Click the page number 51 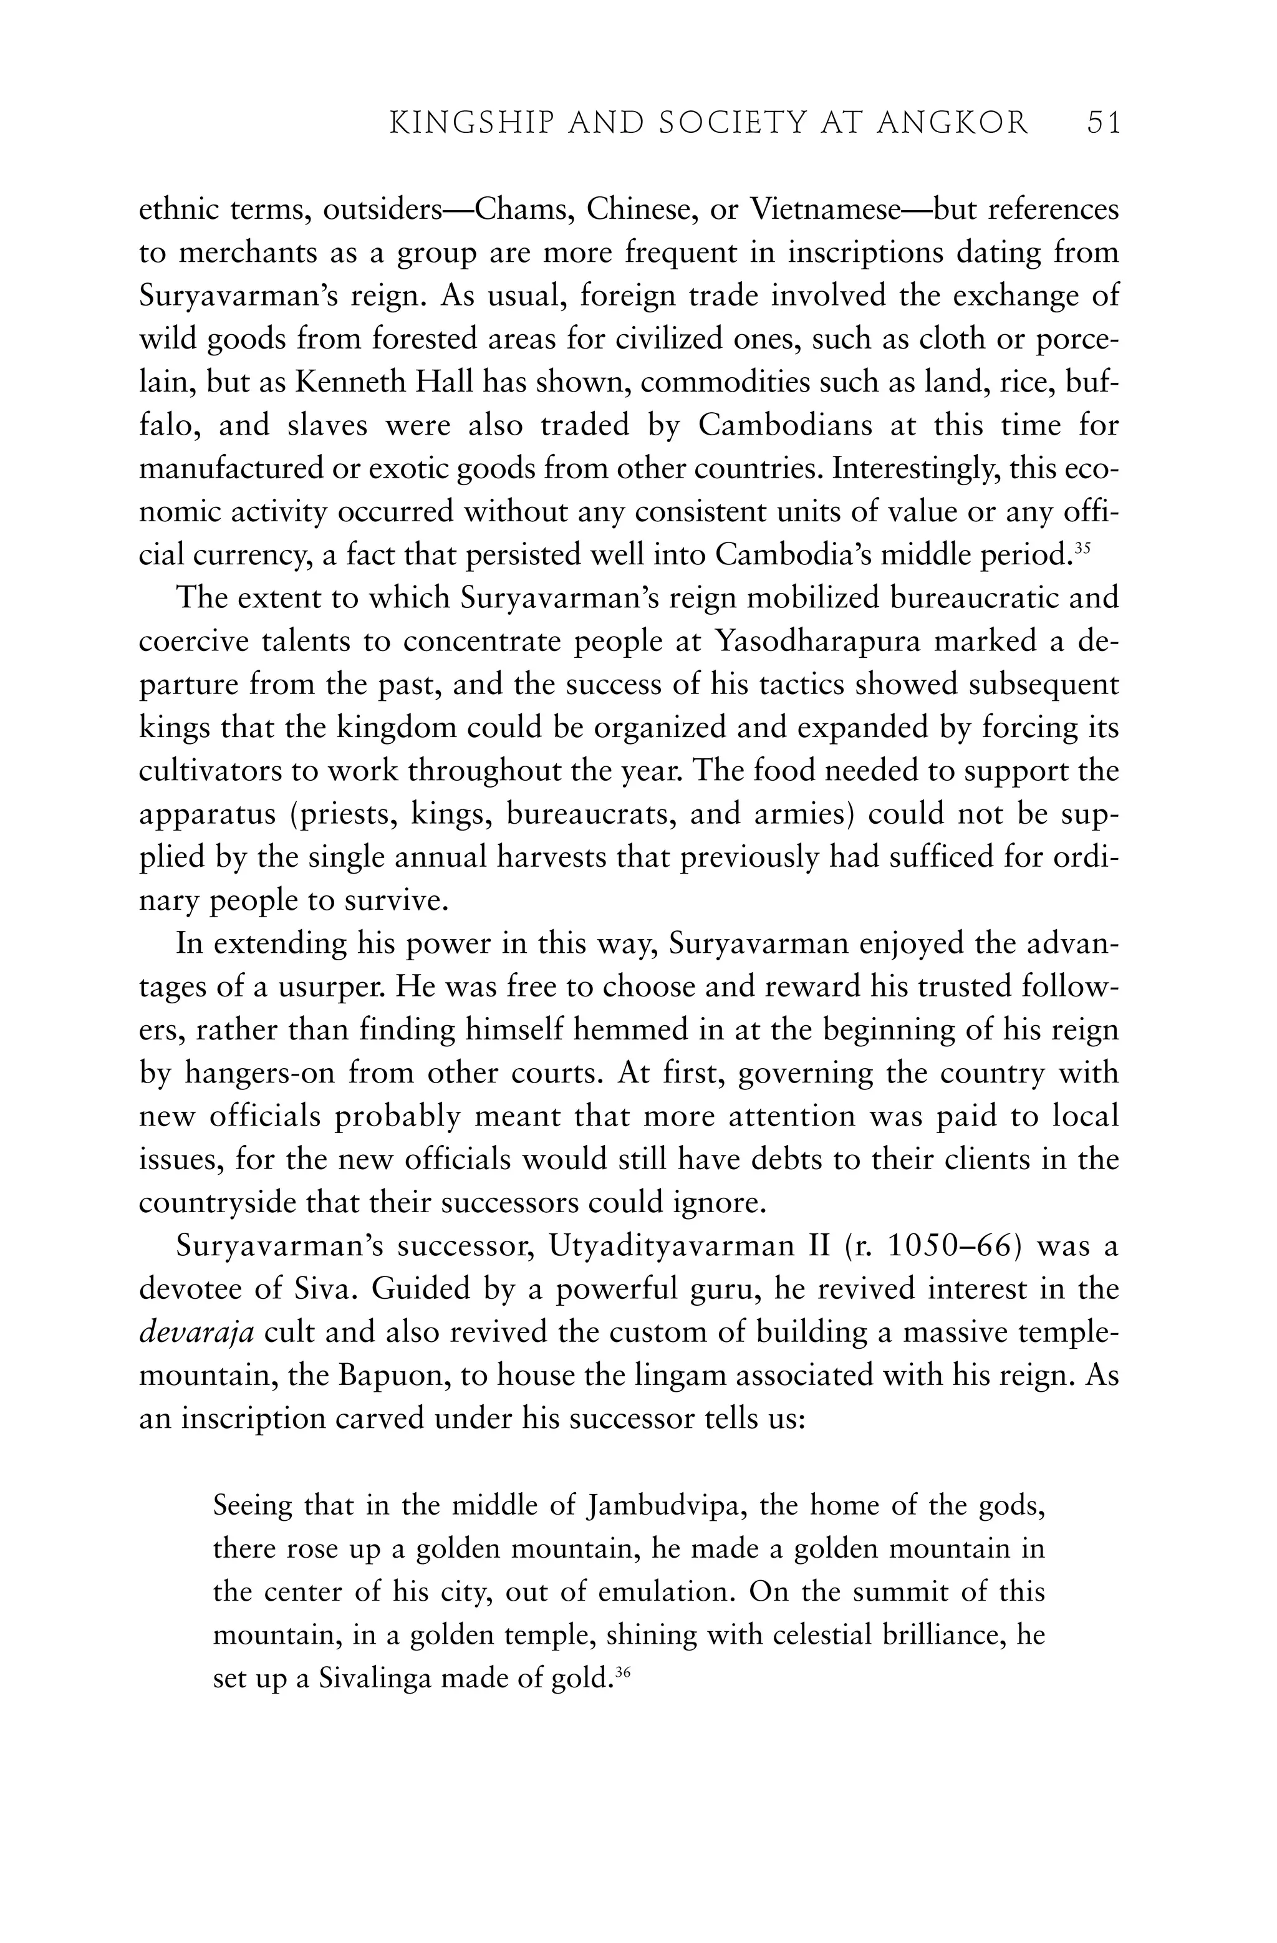(1104, 123)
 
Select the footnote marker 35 (1082, 547)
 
